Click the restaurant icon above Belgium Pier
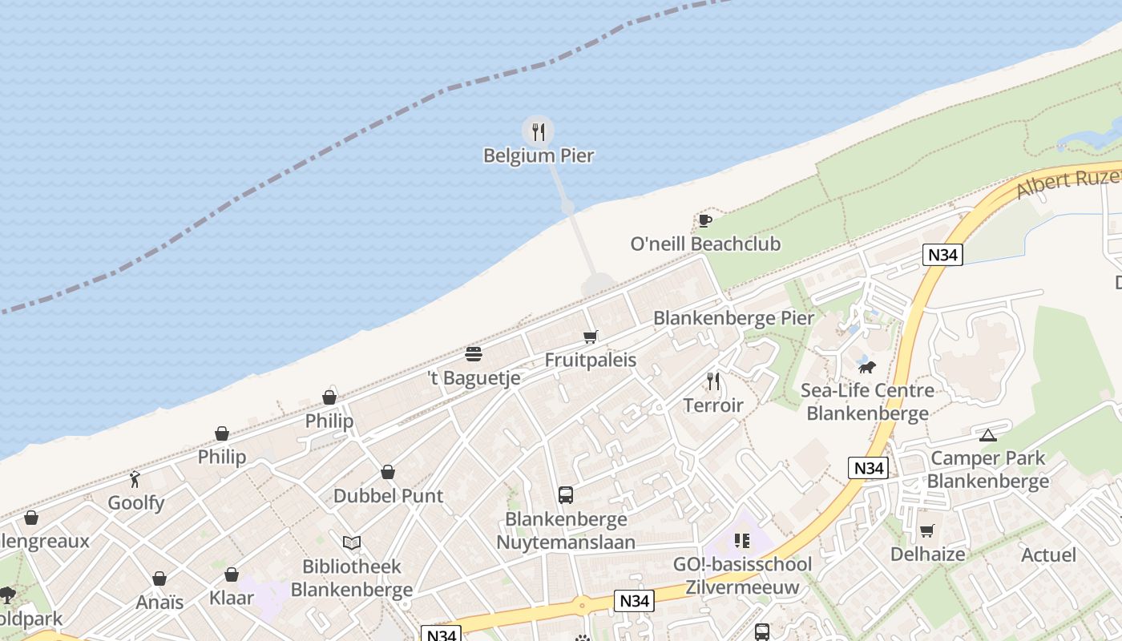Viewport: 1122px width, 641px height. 539,131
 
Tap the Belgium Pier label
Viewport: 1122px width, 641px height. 539,155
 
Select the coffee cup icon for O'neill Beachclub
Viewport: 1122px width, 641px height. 704,220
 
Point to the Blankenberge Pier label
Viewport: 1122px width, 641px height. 733,318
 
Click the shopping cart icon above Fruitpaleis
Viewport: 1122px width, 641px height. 591,337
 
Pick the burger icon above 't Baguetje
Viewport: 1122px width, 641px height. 474,354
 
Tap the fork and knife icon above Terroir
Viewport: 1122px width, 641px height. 713,381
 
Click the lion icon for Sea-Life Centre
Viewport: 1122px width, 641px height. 866,368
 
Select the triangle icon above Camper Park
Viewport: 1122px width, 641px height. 987,435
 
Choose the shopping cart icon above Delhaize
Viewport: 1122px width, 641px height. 927,530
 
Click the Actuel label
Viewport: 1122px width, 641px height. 1048,554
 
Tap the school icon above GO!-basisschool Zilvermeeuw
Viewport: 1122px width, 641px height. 741,541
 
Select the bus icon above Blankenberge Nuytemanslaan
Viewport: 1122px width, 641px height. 566,495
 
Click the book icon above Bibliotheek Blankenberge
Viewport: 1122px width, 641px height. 351,542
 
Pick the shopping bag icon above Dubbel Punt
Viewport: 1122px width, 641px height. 388,472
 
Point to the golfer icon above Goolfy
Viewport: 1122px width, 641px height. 135,479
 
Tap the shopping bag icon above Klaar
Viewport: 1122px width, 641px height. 232,574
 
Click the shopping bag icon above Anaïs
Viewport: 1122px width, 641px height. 159,579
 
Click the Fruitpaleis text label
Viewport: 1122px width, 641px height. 591,360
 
